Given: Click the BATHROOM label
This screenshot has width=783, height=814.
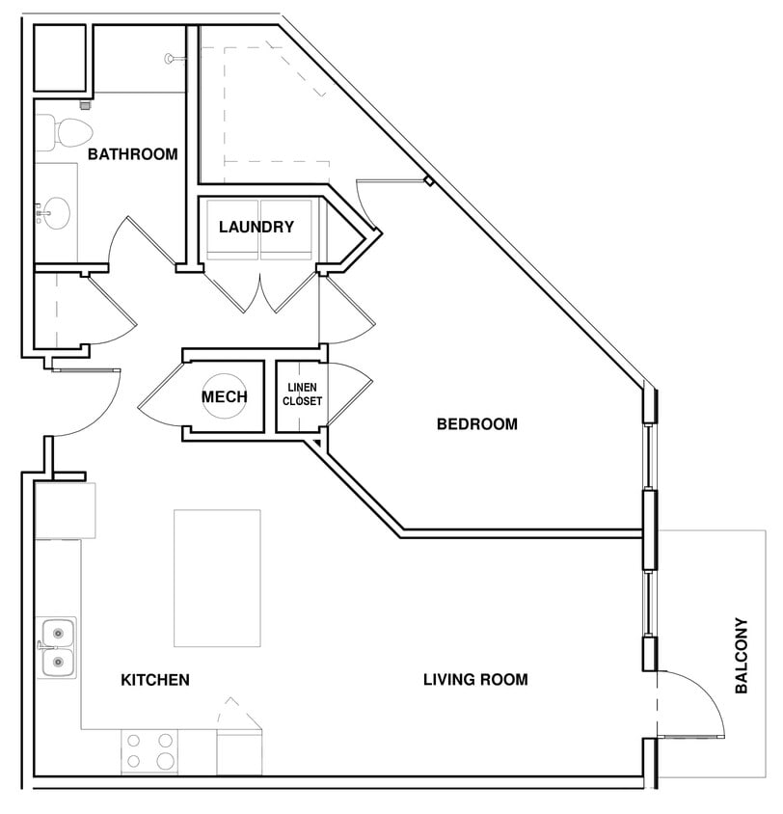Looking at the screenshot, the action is point(133,154).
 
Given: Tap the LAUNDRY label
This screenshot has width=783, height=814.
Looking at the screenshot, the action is point(256,227).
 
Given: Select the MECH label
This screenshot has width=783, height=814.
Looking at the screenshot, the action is point(224,397).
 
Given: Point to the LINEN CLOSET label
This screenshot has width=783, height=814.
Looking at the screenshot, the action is point(303,394).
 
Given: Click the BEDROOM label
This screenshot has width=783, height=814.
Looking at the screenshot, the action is point(477,424).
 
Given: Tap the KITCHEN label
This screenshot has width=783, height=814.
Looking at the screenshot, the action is point(155,680).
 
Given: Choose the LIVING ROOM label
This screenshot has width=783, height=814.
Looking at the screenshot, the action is point(475,680).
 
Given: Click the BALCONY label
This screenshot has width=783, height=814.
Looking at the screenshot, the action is point(742,656).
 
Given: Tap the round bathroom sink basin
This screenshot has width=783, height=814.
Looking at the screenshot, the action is point(56,213).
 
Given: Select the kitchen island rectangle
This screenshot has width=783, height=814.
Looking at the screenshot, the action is point(217,579).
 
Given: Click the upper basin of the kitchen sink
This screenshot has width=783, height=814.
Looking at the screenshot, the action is point(58,634).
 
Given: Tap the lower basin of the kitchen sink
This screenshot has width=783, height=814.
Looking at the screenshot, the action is point(58,663).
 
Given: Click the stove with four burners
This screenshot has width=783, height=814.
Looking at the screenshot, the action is point(149,751).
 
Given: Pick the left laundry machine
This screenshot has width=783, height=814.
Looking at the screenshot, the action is point(232,230).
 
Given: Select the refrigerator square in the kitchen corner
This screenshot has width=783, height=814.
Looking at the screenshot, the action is point(65,511).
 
